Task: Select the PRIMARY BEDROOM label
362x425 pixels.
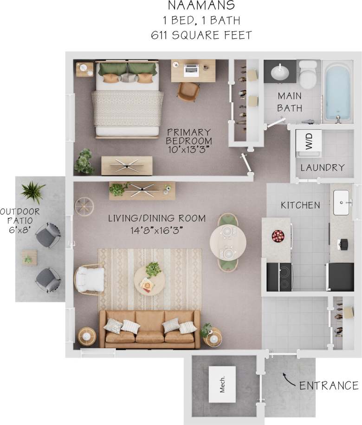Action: coord(189,136)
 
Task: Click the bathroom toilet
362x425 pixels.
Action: coord(307,75)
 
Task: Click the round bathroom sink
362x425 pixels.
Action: coord(279,72)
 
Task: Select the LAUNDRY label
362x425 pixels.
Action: coord(322,168)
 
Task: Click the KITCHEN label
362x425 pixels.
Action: coord(301,205)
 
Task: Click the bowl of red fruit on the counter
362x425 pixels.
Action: coord(278,236)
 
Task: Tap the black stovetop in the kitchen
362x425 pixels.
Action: coord(279,276)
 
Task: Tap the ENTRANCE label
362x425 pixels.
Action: coord(329,386)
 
